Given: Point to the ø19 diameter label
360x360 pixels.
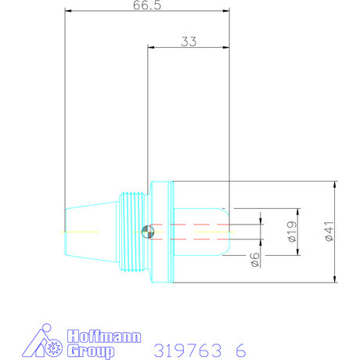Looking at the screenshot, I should point(291,232).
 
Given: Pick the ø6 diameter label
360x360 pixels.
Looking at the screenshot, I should point(255,261).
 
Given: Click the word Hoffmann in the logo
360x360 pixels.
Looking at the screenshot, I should point(104,337).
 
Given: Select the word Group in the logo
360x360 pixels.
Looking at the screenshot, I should point(93,351).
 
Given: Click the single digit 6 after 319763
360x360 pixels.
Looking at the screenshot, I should point(240,349).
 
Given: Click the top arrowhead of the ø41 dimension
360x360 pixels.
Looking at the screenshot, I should point(335,185).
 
